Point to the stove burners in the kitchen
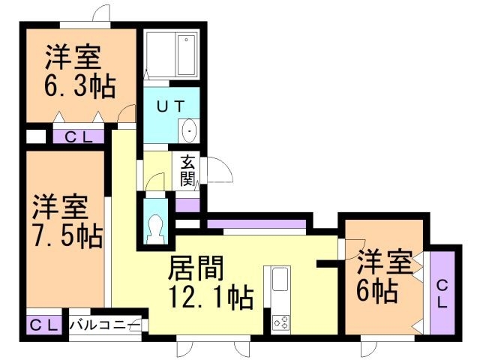click(281, 322)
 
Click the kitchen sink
click(280, 280)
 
